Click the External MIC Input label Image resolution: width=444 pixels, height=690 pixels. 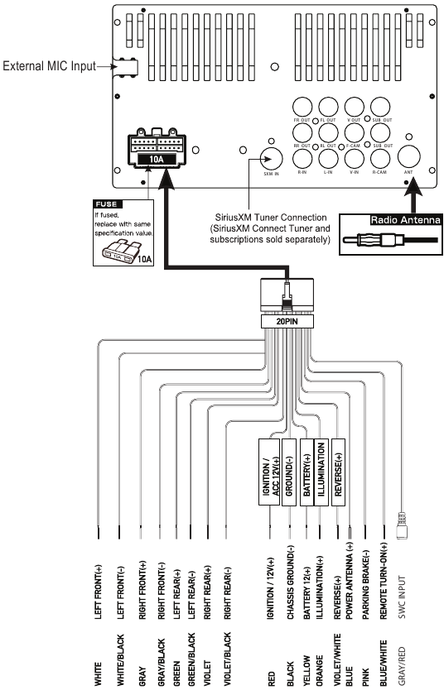pos(48,65)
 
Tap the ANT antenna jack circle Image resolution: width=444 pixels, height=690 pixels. pos(408,155)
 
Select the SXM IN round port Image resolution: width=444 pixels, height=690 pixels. pos(268,157)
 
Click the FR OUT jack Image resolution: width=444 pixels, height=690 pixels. pos(302,108)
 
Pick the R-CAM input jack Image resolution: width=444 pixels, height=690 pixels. pos(380,156)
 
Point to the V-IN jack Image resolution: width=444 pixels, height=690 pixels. pos(354,156)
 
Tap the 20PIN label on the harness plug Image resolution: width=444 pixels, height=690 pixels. pos(285,320)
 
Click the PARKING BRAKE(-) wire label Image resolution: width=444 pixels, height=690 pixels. pos(367,575)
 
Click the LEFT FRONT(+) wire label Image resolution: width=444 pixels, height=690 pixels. pos(99,581)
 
